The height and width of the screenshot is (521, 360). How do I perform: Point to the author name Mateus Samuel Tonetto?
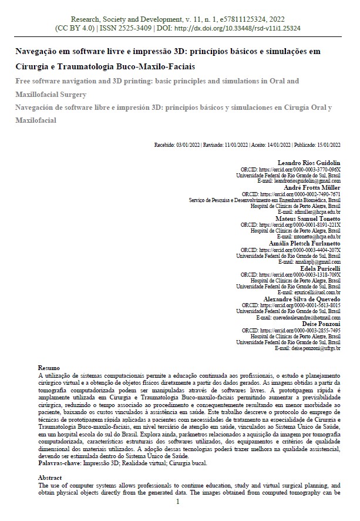(309, 218)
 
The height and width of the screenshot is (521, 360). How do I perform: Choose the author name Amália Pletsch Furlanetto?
(306, 243)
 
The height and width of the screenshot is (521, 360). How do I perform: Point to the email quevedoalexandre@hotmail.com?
(303, 318)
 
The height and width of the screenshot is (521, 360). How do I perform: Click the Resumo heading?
(49, 367)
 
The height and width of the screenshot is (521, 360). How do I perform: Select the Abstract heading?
(50, 478)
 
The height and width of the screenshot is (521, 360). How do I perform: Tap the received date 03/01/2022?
(188, 144)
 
